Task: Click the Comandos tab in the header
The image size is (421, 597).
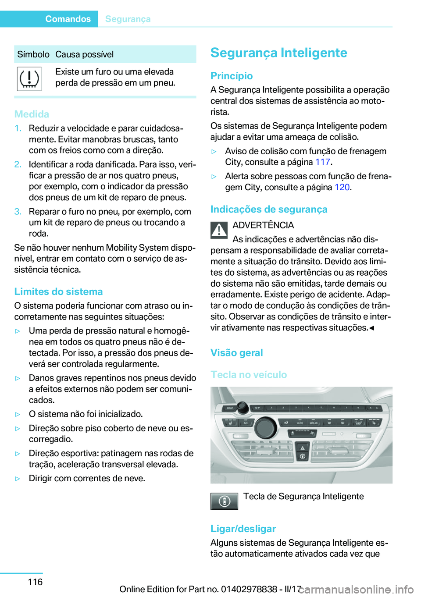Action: click(68, 19)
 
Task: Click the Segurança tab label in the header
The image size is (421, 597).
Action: click(128, 19)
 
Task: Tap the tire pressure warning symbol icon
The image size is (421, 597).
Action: click(29, 79)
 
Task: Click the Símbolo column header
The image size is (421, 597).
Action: click(33, 54)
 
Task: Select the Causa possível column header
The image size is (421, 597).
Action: click(84, 54)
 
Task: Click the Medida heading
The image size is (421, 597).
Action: click(32, 114)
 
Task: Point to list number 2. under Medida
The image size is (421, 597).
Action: click(18, 164)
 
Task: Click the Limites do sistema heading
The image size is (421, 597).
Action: click(58, 291)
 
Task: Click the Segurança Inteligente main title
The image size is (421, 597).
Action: click(278, 53)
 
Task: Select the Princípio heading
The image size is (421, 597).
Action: click(232, 76)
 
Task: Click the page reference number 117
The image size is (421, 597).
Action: click(322, 162)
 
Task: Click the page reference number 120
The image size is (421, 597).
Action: click(342, 187)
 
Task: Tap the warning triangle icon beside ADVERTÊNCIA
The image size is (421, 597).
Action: click(219, 230)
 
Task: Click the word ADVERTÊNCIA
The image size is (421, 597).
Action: click(263, 225)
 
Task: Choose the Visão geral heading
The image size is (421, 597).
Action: click(236, 353)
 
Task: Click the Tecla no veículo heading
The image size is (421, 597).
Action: click(248, 375)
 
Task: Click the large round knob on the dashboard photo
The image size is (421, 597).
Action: click(265, 428)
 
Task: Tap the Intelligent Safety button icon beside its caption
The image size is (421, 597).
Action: click(224, 501)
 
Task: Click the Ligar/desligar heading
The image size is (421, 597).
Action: click(243, 529)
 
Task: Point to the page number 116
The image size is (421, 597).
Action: click(35, 582)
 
